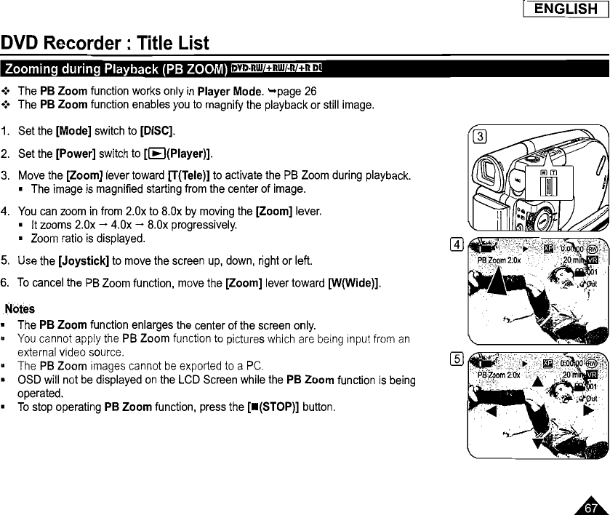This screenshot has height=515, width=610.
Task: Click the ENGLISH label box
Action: coord(565,9)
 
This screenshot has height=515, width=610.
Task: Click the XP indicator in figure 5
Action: coord(549,362)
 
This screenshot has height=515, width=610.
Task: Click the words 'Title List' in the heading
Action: coord(172,42)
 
